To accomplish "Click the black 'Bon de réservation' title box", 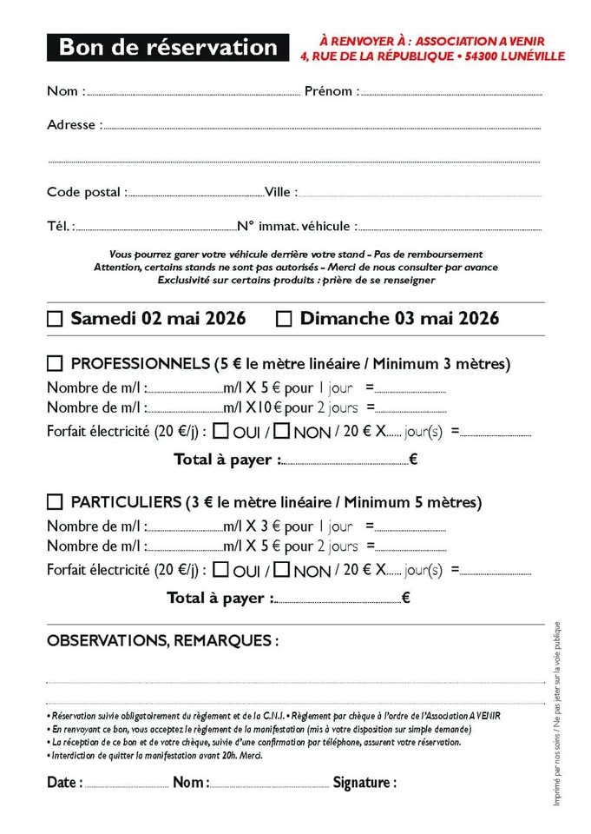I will tap(167, 48).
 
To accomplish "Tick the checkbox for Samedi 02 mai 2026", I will tap(55, 319).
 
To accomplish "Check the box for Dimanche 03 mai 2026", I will tap(284, 319).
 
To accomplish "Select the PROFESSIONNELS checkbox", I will tap(55, 363).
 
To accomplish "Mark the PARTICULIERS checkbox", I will tap(55, 502).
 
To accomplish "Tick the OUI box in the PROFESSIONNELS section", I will tap(221, 430).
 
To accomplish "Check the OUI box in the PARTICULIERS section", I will tap(221, 570).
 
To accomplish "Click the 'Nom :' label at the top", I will tap(66, 91).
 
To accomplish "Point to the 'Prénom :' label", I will tap(332, 91).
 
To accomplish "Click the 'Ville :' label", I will tap(281, 192).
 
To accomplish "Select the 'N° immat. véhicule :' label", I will tap(297, 226).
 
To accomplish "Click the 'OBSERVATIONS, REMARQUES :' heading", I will tap(163, 641).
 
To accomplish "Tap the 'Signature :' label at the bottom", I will tap(364, 783).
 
